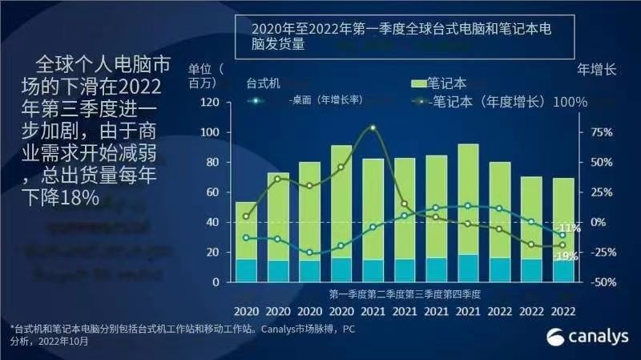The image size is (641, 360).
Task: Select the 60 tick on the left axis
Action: (212, 192)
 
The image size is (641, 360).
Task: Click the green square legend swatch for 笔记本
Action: (417, 83)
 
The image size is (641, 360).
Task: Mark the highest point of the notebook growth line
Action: (373, 127)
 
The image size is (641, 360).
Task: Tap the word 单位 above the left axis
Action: (201, 67)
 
